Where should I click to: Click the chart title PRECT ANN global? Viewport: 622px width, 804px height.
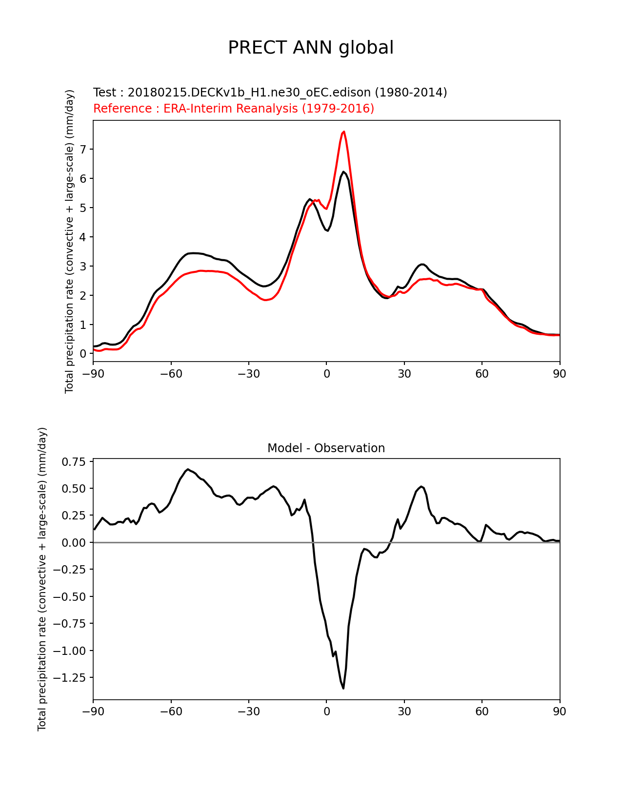pos(311,48)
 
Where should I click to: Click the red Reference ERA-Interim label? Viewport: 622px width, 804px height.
pos(234,109)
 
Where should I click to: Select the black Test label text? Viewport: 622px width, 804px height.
pos(270,93)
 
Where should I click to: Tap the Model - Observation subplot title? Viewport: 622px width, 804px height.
pos(326,448)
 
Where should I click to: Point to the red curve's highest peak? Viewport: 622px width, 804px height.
pos(344,132)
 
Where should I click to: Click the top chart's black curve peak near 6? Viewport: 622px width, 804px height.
pos(343,172)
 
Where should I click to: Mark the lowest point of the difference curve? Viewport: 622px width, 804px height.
pos(343,688)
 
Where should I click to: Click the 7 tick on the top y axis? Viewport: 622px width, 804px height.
pos(83,150)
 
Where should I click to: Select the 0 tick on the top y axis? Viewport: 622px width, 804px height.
pos(83,354)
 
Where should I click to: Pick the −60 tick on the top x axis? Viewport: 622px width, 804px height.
pos(171,374)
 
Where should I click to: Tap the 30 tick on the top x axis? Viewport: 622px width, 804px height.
pos(404,374)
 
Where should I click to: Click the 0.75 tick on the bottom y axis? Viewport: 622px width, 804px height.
pos(74,462)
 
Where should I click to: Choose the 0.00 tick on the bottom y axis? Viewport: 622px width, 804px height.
pos(74,543)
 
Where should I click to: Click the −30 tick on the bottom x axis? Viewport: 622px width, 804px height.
pos(248,711)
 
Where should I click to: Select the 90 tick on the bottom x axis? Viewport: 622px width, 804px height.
pos(560,711)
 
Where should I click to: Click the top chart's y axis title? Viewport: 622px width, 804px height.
pos(69,241)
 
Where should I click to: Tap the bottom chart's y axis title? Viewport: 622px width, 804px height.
pos(42,579)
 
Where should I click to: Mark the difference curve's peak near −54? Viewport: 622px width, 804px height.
pos(188,469)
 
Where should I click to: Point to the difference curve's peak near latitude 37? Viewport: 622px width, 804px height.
pos(421,486)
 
